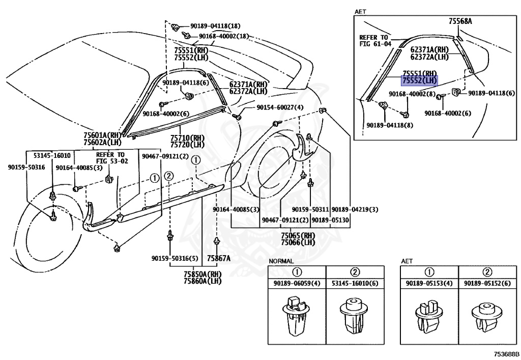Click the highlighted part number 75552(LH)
pyautogui.click(x=419, y=80)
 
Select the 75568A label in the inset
pyautogui.click(x=460, y=21)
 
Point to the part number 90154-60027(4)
pyautogui.click(x=280, y=107)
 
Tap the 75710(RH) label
pyautogui.click(x=187, y=138)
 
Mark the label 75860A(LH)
pyautogui.click(x=203, y=281)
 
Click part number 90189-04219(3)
pyautogui.click(x=355, y=210)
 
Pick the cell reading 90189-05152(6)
pyautogui.click(x=485, y=283)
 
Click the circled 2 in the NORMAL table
pyautogui.click(x=355, y=271)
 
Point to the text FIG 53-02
pyautogui.click(x=110, y=161)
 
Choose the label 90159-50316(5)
pyautogui.click(x=175, y=258)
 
